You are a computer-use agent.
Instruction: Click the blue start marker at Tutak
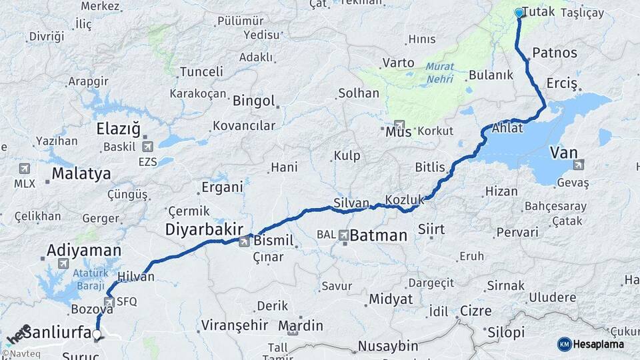[x=519, y=13]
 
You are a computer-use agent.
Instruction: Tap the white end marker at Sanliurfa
[x=97, y=335]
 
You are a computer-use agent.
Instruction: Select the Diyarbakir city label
[x=204, y=229]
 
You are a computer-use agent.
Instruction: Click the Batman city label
[x=378, y=235]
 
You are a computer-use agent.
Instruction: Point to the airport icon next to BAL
[x=344, y=235]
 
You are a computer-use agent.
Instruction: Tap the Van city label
[x=563, y=153]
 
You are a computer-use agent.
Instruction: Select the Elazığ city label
[x=119, y=129]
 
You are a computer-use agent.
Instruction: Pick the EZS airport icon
[x=147, y=147]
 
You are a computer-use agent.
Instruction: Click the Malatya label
[x=81, y=174]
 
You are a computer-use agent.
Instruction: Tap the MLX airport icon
[x=25, y=169]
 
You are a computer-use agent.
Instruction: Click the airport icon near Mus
[x=399, y=125]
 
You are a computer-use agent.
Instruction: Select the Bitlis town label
[x=429, y=165]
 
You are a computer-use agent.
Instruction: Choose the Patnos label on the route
[x=550, y=53]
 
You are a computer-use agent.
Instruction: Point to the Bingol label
[x=253, y=101]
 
